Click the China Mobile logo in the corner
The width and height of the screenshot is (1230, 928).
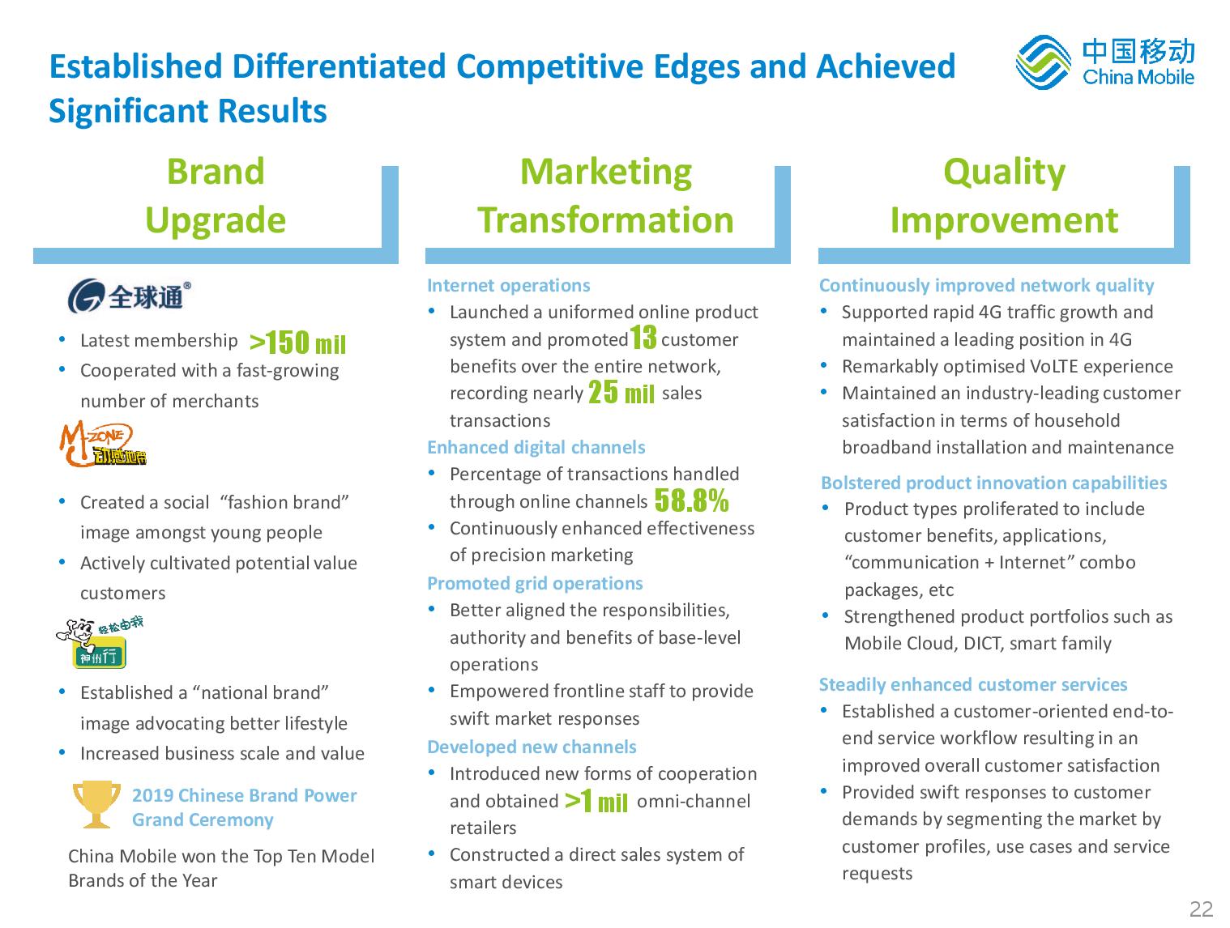tap(1104, 62)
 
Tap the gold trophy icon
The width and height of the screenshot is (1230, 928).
tap(96, 803)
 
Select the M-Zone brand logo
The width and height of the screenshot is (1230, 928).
tap(103, 443)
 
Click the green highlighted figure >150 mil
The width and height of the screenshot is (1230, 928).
tap(297, 342)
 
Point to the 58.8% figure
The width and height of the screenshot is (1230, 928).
tap(691, 500)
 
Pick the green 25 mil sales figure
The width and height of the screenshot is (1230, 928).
tap(621, 392)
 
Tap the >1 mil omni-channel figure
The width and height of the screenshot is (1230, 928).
tap(596, 800)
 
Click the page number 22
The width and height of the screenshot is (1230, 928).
tap(1201, 909)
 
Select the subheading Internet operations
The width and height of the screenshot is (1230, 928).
tap(508, 285)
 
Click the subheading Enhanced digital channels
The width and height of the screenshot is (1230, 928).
tap(536, 447)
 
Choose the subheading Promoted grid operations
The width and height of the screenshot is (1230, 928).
tap(535, 583)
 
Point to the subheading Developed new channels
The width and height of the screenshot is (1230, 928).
tap(532, 747)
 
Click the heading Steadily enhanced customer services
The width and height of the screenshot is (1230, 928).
tap(973, 684)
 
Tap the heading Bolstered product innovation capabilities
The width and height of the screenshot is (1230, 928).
tap(993, 483)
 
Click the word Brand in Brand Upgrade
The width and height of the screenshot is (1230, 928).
tap(216, 172)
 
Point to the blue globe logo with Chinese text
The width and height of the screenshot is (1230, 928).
tap(129, 295)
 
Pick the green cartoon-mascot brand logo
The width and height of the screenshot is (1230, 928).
tap(100, 644)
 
